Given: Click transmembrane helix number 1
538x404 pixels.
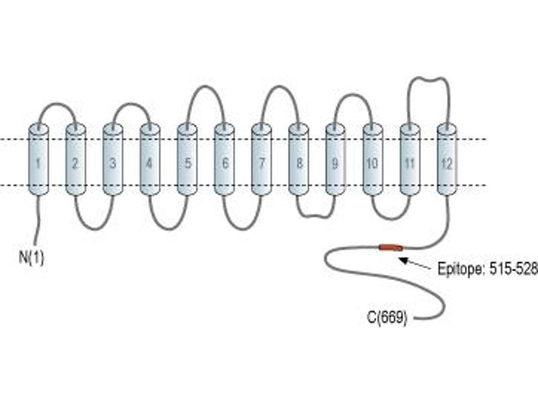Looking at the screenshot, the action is [38, 160].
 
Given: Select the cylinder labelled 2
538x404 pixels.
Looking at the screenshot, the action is [75, 160].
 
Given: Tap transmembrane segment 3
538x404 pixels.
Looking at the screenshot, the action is [112, 160].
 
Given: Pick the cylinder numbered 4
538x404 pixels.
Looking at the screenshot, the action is [150, 160].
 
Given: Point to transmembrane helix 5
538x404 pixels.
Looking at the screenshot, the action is [187, 160].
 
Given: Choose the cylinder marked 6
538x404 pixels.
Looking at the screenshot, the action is [224, 160].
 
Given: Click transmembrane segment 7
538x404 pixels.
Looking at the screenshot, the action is [262, 160].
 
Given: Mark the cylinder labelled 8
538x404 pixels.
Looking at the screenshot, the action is [299, 160].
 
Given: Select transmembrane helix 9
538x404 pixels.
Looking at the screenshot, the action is [335, 160].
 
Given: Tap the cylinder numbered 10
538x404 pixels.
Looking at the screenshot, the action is [373, 160].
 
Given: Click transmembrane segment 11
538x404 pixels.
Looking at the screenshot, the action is [410, 160].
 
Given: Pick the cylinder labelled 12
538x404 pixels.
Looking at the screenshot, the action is [447, 160].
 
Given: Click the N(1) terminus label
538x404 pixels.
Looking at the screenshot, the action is [32, 257].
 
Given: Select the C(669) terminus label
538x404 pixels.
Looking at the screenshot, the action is [387, 318].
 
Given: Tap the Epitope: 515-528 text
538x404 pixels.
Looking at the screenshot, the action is [487, 269].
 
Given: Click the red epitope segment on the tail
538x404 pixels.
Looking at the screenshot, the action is [391, 247].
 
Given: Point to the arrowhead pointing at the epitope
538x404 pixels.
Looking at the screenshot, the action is [405, 260].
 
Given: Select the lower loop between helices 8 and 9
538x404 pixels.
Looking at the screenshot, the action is [315, 215].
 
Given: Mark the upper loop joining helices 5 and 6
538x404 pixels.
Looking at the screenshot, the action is [206, 87].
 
